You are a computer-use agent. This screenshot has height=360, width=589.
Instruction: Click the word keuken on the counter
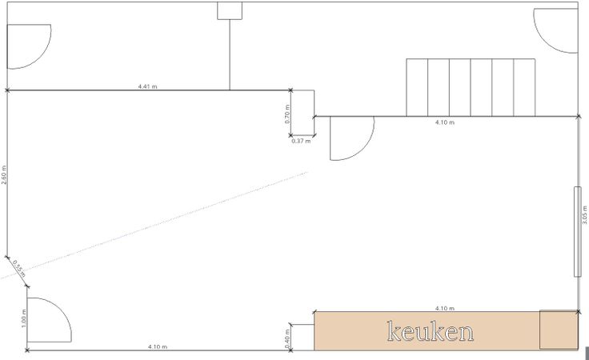coord(430,331)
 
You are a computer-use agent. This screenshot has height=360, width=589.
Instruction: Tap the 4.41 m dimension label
coord(148,86)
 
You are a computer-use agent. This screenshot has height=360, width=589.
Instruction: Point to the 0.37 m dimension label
coord(301,141)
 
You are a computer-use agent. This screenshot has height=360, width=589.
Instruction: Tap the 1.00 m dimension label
coord(23,323)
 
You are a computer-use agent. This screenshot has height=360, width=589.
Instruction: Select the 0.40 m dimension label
coord(286,337)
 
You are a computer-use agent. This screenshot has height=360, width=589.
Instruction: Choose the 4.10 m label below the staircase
coord(445,122)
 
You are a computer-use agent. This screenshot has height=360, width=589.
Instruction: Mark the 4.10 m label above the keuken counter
coord(445,307)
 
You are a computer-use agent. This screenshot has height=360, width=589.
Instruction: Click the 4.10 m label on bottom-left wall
coord(158,346)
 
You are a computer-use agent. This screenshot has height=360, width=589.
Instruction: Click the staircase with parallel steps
coord(471,87)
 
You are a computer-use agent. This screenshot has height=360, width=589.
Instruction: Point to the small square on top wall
coord(230,10)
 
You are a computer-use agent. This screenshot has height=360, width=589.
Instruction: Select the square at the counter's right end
coord(558,330)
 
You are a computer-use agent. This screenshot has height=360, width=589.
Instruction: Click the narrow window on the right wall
coord(576,232)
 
